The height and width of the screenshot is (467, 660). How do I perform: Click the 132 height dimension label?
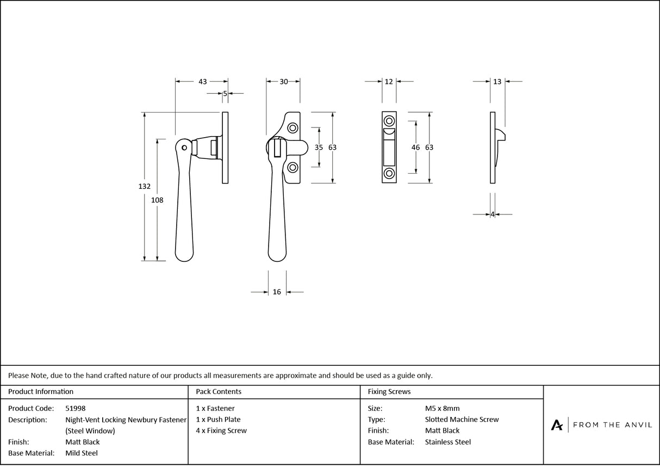click(144, 186)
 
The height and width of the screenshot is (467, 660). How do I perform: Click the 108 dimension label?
click(157, 200)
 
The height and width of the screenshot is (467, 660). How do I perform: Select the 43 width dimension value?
click(202, 82)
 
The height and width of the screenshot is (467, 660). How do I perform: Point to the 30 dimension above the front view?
click(284, 82)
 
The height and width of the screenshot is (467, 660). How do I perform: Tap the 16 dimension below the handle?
click(277, 292)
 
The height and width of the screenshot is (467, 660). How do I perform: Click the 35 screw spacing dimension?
click(319, 148)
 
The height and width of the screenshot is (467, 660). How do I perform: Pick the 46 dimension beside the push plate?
click(416, 148)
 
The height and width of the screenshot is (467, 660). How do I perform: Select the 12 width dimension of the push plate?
click(389, 82)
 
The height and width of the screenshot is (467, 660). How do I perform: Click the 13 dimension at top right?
click(497, 82)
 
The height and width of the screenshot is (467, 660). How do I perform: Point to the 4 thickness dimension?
click(493, 214)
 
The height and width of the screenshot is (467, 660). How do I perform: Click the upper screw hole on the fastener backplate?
click(292, 128)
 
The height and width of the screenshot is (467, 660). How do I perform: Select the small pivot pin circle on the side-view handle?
click(185, 148)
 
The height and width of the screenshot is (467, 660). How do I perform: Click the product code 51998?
click(75, 408)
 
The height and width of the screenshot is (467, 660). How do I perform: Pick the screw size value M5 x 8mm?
click(442, 408)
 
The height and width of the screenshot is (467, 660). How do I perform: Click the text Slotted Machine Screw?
click(462, 420)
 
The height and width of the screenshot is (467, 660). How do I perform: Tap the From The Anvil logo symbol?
click(557, 425)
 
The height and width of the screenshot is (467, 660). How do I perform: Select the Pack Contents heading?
click(219, 391)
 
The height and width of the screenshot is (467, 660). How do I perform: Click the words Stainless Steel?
click(448, 442)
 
